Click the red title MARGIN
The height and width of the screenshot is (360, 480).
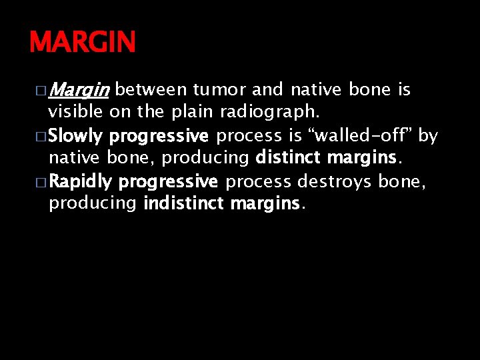82,43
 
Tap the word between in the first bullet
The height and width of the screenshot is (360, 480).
154,89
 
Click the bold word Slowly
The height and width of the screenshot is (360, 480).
76,136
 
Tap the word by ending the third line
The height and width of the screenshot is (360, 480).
428,136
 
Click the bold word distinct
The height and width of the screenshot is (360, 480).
287,158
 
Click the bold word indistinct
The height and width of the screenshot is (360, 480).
183,203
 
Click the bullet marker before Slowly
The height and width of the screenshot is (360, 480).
40,137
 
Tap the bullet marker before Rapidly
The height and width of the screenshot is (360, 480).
40,182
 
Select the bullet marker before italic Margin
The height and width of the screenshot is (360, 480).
40,90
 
